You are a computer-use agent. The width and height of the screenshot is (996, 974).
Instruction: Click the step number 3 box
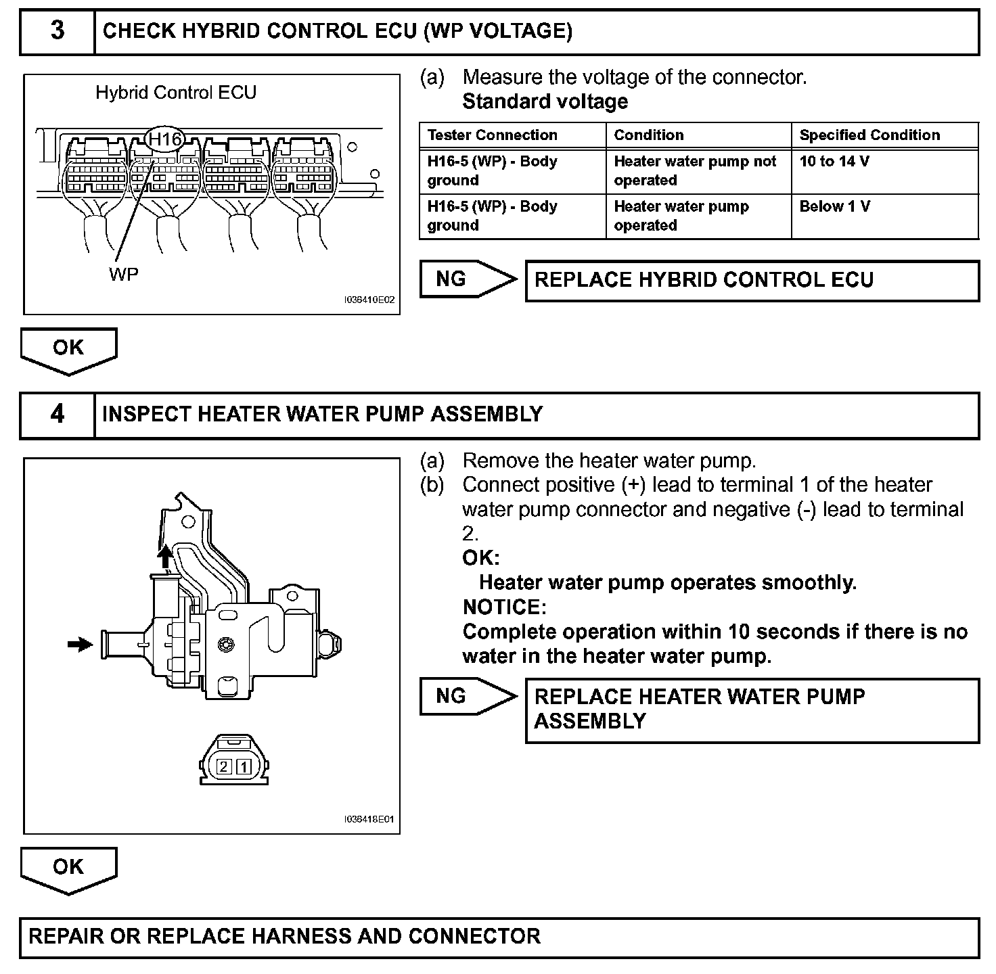(x=58, y=31)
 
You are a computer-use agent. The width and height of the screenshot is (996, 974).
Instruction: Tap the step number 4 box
(x=58, y=414)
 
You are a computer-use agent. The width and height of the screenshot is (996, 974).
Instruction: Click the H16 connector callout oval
(x=165, y=140)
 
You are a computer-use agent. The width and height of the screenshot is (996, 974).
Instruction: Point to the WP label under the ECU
(x=123, y=274)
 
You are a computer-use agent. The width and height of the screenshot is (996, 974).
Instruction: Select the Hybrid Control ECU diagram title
(x=176, y=93)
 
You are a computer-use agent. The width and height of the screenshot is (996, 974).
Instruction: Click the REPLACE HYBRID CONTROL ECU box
(x=752, y=281)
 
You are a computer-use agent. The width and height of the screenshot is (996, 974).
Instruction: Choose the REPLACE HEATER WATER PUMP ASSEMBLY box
(x=752, y=710)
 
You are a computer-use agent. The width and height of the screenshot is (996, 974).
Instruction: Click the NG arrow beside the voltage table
(x=467, y=279)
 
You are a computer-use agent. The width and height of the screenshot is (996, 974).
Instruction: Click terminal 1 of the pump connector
(x=244, y=767)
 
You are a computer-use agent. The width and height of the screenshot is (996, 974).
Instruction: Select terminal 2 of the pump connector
(x=225, y=767)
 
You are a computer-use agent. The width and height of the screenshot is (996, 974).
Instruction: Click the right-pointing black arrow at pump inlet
(x=81, y=645)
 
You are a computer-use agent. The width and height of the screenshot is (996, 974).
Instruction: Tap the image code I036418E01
(x=369, y=820)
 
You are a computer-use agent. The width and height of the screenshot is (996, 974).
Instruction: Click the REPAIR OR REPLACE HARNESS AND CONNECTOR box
(x=499, y=937)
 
